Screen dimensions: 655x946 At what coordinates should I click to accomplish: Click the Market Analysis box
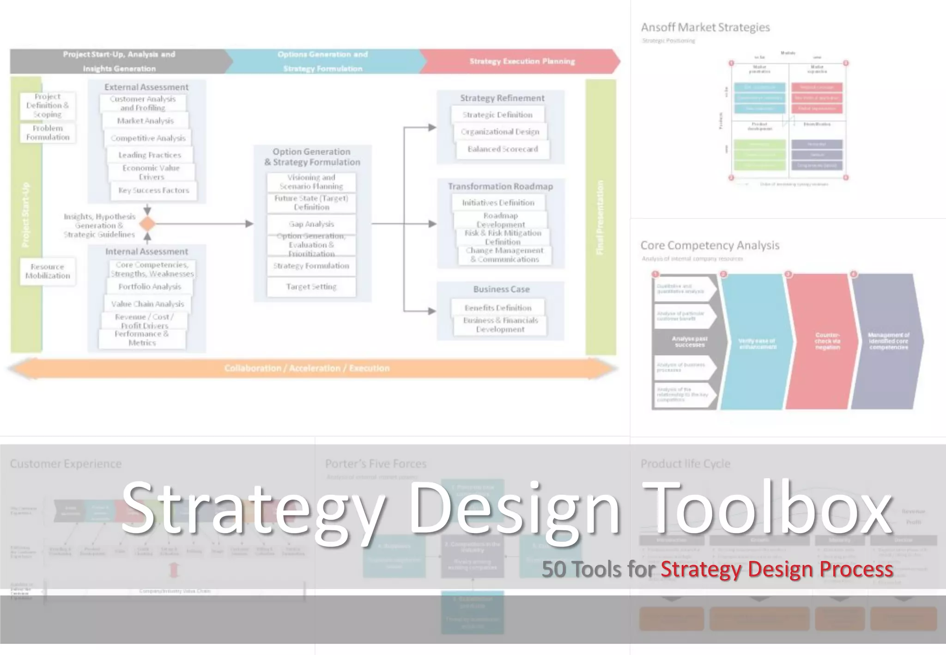[146, 121]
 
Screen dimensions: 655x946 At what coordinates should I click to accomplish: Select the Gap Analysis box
[311, 224]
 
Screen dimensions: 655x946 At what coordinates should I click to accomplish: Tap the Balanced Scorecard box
[503, 149]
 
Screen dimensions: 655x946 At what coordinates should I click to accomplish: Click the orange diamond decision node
[147, 224]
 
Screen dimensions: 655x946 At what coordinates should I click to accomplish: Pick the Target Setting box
[311, 287]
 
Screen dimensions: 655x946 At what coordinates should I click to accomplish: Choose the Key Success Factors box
[154, 190]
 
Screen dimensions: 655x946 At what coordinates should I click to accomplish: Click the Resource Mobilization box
[48, 271]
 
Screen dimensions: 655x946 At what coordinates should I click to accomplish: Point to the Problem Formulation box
[48, 133]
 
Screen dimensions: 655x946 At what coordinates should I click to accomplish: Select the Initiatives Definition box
[498, 203]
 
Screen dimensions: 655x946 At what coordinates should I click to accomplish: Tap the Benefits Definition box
[498, 308]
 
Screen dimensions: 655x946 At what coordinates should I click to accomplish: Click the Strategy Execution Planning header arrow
[522, 61]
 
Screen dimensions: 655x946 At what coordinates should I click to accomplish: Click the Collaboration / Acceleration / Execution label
[307, 368]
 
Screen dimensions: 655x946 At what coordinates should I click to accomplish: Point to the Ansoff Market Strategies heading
[705, 28]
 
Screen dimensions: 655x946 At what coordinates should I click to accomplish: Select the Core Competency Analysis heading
[710, 245]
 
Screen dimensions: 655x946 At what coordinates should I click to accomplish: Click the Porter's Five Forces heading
[376, 464]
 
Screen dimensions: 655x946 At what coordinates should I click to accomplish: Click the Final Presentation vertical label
[600, 217]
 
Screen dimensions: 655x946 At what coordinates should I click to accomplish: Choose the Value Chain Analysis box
[147, 304]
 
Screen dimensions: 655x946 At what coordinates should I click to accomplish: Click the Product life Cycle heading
[685, 464]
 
